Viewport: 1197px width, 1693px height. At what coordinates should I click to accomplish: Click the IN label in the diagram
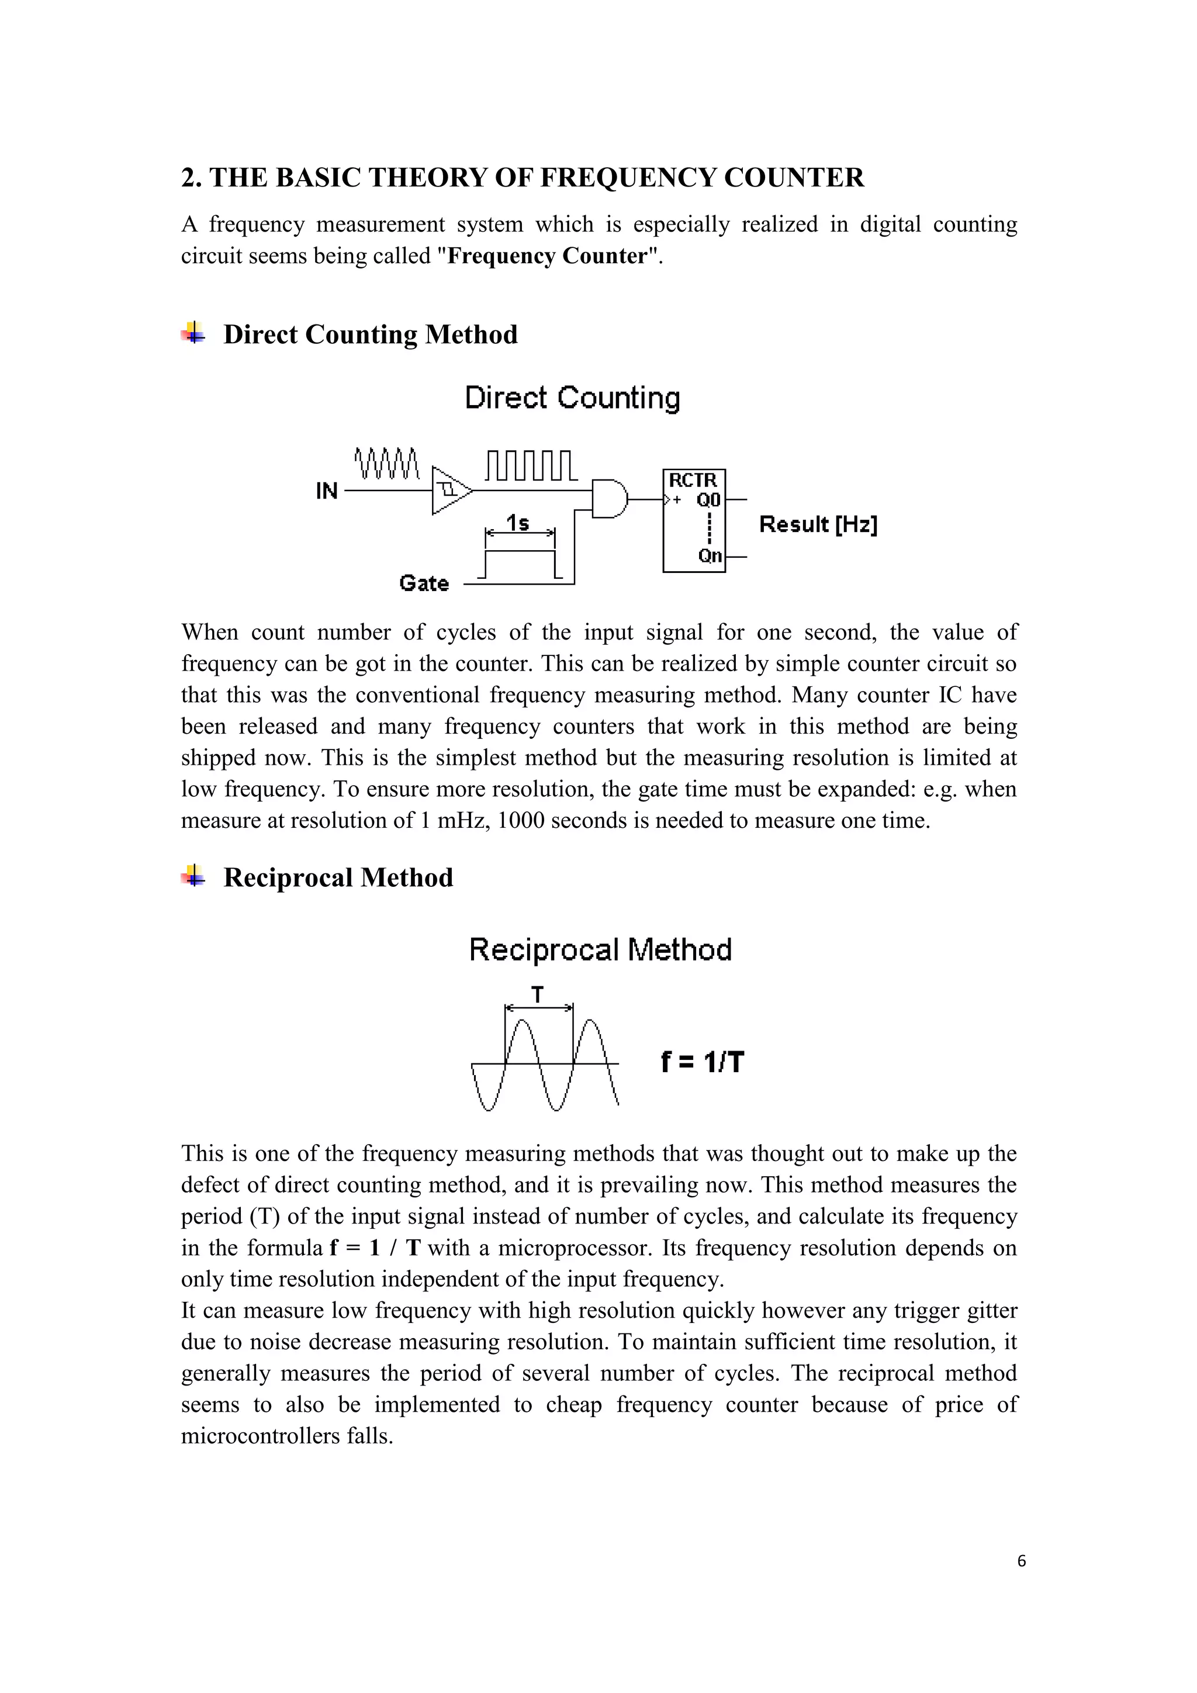tap(327, 491)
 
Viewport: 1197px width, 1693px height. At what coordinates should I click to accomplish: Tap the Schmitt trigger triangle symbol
tap(449, 490)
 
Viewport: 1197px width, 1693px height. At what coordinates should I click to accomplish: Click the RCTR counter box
tap(694, 520)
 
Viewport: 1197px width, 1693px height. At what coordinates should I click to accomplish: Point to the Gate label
tap(424, 583)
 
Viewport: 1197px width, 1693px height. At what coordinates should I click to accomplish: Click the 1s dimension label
tap(518, 524)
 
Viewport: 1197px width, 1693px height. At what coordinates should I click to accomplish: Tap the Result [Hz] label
tap(818, 525)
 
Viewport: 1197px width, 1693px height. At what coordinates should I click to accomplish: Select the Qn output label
tap(710, 556)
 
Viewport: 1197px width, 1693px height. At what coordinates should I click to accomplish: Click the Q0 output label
tap(708, 500)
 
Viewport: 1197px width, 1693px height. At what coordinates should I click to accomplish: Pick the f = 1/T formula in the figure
tap(703, 1063)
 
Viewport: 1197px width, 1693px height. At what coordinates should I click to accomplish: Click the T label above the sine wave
tap(538, 996)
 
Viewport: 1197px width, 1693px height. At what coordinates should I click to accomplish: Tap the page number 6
tap(1021, 1561)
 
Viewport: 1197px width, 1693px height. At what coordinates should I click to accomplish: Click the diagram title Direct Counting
tap(572, 398)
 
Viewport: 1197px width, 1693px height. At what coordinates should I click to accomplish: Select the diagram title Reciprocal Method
tap(600, 950)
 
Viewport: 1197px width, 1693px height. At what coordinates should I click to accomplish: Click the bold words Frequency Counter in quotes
tap(547, 256)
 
